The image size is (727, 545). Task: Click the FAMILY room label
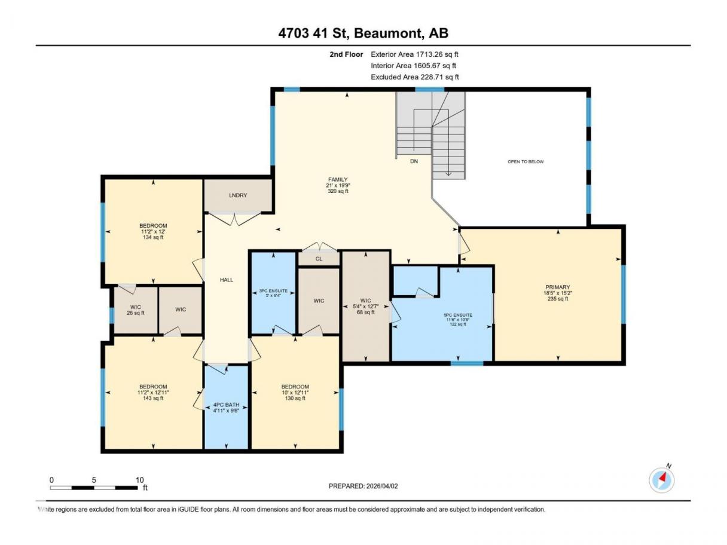pyautogui.click(x=338, y=179)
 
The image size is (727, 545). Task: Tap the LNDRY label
pyautogui.click(x=238, y=195)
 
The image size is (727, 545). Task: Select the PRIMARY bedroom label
pyautogui.click(x=558, y=287)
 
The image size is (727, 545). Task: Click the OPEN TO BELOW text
pyautogui.click(x=526, y=161)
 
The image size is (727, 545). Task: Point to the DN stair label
pyautogui.click(x=414, y=161)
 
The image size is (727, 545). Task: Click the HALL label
pyautogui.click(x=227, y=280)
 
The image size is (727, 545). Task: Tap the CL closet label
pyautogui.click(x=319, y=259)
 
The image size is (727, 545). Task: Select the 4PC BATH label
pyautogui.click(x=226, y=405)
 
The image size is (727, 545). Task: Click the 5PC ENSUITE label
pyautogui.click(x=458, y=315)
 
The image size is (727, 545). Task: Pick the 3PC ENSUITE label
pyautogui.click(x=273, y=291)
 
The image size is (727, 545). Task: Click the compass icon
pyautogui.click(x=661, y=480)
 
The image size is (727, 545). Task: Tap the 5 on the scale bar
pyautogui.click(x=94, y=480)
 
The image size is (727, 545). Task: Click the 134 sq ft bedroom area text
pyautogui.click(x=153, y=237)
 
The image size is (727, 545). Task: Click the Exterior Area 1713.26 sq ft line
pyautogui.click(x=414, y=54)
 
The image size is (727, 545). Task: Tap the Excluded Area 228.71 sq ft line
pyautogui.click(x=415, y=76)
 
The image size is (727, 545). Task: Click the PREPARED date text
pyautogui.click(x=363, y=486)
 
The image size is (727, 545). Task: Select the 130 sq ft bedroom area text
pyautogui.click(x=295, y=398)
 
